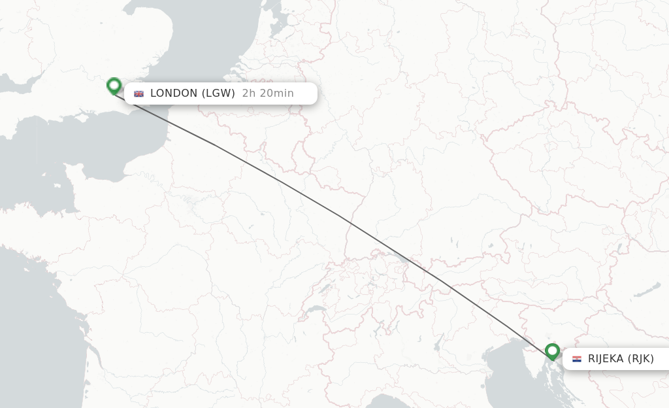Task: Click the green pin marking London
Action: [114, 85]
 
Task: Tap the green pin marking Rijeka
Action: [553, 351]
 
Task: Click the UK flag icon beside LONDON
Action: [139, 93]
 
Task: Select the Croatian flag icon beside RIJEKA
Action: [577, 359]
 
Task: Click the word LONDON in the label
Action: [174, 93]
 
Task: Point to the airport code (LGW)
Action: [218, 93]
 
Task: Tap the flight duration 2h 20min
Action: [268, 93]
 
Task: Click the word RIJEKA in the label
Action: [606, 358]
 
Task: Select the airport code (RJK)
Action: [640, 358]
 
